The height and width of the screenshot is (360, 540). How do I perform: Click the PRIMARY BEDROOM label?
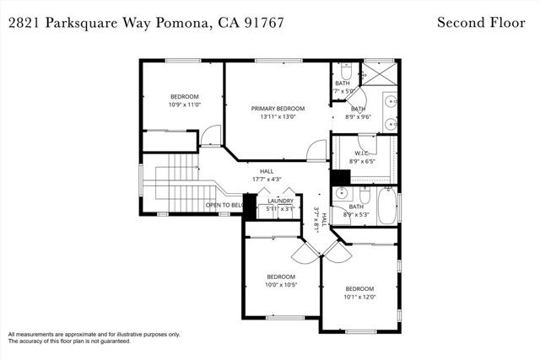tap(278, 109)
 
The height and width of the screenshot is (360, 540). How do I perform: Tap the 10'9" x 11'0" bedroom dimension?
tap(184, 105)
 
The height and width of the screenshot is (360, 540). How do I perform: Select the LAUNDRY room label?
tap(280, 201)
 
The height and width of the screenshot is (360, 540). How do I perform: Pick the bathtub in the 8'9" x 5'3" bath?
tap(389, 207)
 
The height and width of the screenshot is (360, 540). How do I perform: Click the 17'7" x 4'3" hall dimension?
tap(266, 180)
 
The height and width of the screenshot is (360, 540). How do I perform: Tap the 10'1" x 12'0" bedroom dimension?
tap(359, 296)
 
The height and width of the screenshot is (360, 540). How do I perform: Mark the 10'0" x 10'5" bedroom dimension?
tap(281, 285)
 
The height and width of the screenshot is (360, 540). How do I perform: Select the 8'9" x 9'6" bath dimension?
tap(359, 117)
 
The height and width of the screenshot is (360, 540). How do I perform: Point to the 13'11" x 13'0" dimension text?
tap(278, 117)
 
